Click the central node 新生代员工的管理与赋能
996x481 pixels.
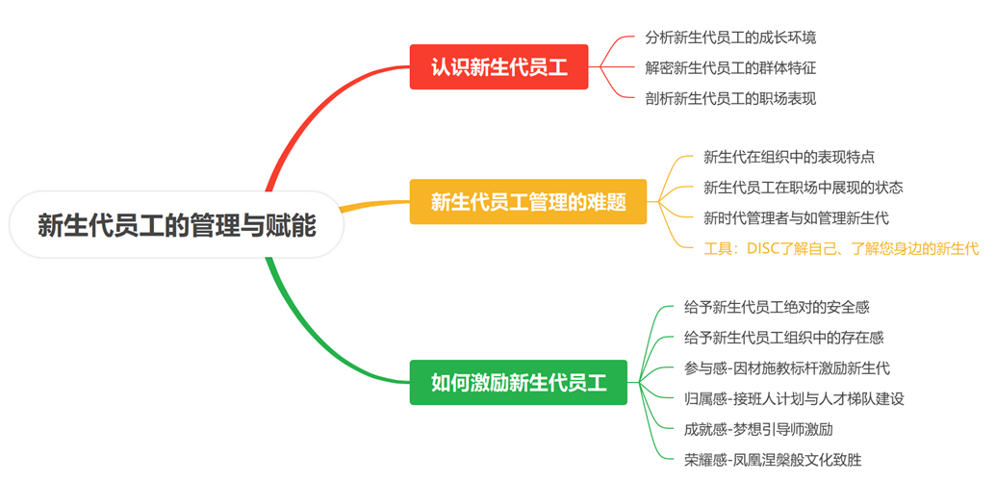pyautogui.click(x=176, y=225)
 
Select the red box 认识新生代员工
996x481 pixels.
pyautogui.click(x=498, y=67)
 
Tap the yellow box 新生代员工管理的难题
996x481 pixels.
pyautogui.click(x=527, y=202)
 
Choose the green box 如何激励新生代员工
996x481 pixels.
pyautogui.click(x=518, y=382)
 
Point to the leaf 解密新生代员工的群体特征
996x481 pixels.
pyautogui.click(x=730, y=68)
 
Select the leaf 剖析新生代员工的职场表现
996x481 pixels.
pyautogui.click(x=730, y=98)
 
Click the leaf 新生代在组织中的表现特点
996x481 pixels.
pyautogui.click(x=788, y=158)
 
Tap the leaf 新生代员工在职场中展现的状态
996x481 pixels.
pyautogui.click(x=803, y=188)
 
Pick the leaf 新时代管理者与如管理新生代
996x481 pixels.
pyautogui.click(x=796, y=217)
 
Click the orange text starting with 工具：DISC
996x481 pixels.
pyautogui.click(x=841, y=248)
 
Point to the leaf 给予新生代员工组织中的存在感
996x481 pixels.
pyautogui.click(x=783, y=338)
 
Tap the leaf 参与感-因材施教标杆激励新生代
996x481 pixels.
pyautogui.click(x=786, y=368)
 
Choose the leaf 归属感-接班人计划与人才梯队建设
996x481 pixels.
pyautogui.click(x=794, y=398)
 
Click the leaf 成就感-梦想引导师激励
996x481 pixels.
pyautogui.click(x=758, y=428)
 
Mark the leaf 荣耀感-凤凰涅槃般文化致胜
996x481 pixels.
pyautogui.click(x=772, y=459)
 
